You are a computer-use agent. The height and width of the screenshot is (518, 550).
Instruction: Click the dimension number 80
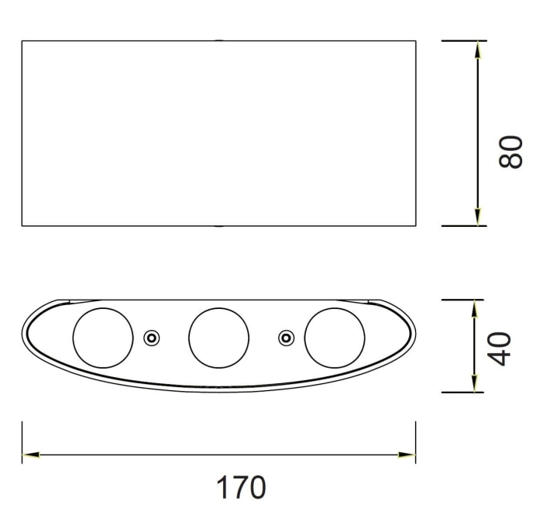512,149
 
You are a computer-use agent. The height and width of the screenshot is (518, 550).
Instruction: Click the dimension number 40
501,348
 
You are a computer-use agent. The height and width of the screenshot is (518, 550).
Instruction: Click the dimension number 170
241,488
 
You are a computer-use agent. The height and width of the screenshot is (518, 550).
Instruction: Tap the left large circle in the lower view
102,338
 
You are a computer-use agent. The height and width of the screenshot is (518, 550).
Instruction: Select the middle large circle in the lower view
218,338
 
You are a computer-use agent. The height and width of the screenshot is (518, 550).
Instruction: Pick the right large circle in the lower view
335,338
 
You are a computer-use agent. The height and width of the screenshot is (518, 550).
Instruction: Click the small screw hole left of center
152,338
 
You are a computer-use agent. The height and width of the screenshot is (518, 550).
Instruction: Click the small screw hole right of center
287,338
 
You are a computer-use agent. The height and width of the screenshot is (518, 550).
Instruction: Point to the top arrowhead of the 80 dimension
478,49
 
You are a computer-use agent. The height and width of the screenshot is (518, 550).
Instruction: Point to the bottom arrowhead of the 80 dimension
478,218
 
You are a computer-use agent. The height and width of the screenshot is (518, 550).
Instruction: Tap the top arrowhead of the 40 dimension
473,307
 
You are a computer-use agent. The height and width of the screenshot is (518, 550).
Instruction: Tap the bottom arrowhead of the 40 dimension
473,384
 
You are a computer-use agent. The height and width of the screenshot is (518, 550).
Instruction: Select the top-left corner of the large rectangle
22,40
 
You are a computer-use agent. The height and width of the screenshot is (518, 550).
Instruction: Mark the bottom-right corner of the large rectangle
415,226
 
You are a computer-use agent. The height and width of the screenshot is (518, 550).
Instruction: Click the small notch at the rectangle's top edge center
219,40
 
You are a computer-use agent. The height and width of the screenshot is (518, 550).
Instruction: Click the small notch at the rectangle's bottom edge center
219,226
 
